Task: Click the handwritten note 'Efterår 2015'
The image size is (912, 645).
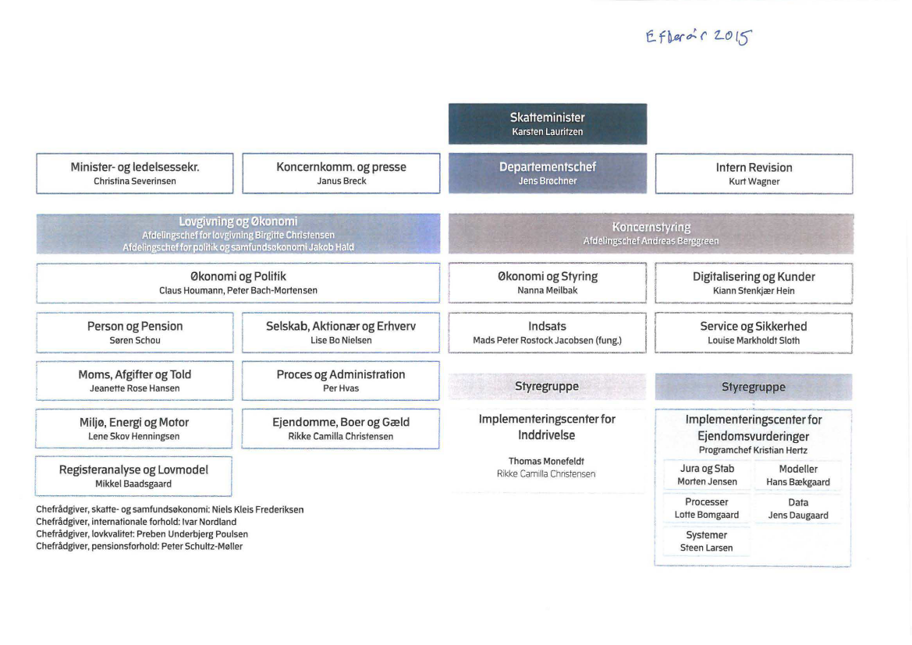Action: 698,37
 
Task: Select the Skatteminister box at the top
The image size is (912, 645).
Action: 547,124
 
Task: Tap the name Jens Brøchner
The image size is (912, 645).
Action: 547,182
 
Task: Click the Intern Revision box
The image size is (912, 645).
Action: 753,173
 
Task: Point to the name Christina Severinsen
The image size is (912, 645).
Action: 135,182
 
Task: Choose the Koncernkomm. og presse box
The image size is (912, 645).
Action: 341,173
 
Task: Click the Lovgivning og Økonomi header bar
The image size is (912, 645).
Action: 238,233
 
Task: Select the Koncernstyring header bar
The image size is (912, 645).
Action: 651,233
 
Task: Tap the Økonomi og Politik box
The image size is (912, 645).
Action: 238,282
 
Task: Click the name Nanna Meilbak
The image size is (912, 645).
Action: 547,290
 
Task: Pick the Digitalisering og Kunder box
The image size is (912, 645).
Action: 753,282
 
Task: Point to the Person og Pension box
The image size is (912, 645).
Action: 135,332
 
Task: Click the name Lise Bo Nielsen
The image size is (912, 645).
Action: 341,341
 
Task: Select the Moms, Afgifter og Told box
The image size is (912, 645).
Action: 135,380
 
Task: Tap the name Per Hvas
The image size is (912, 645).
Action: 340,388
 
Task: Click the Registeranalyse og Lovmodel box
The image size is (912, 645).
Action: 134,476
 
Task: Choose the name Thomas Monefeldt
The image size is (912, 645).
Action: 547,461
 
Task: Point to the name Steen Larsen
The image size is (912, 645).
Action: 706,548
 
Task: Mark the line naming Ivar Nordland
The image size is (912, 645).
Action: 136,522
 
